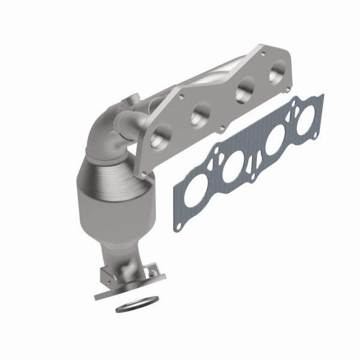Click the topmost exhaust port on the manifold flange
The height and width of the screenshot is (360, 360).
pos(277,74)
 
